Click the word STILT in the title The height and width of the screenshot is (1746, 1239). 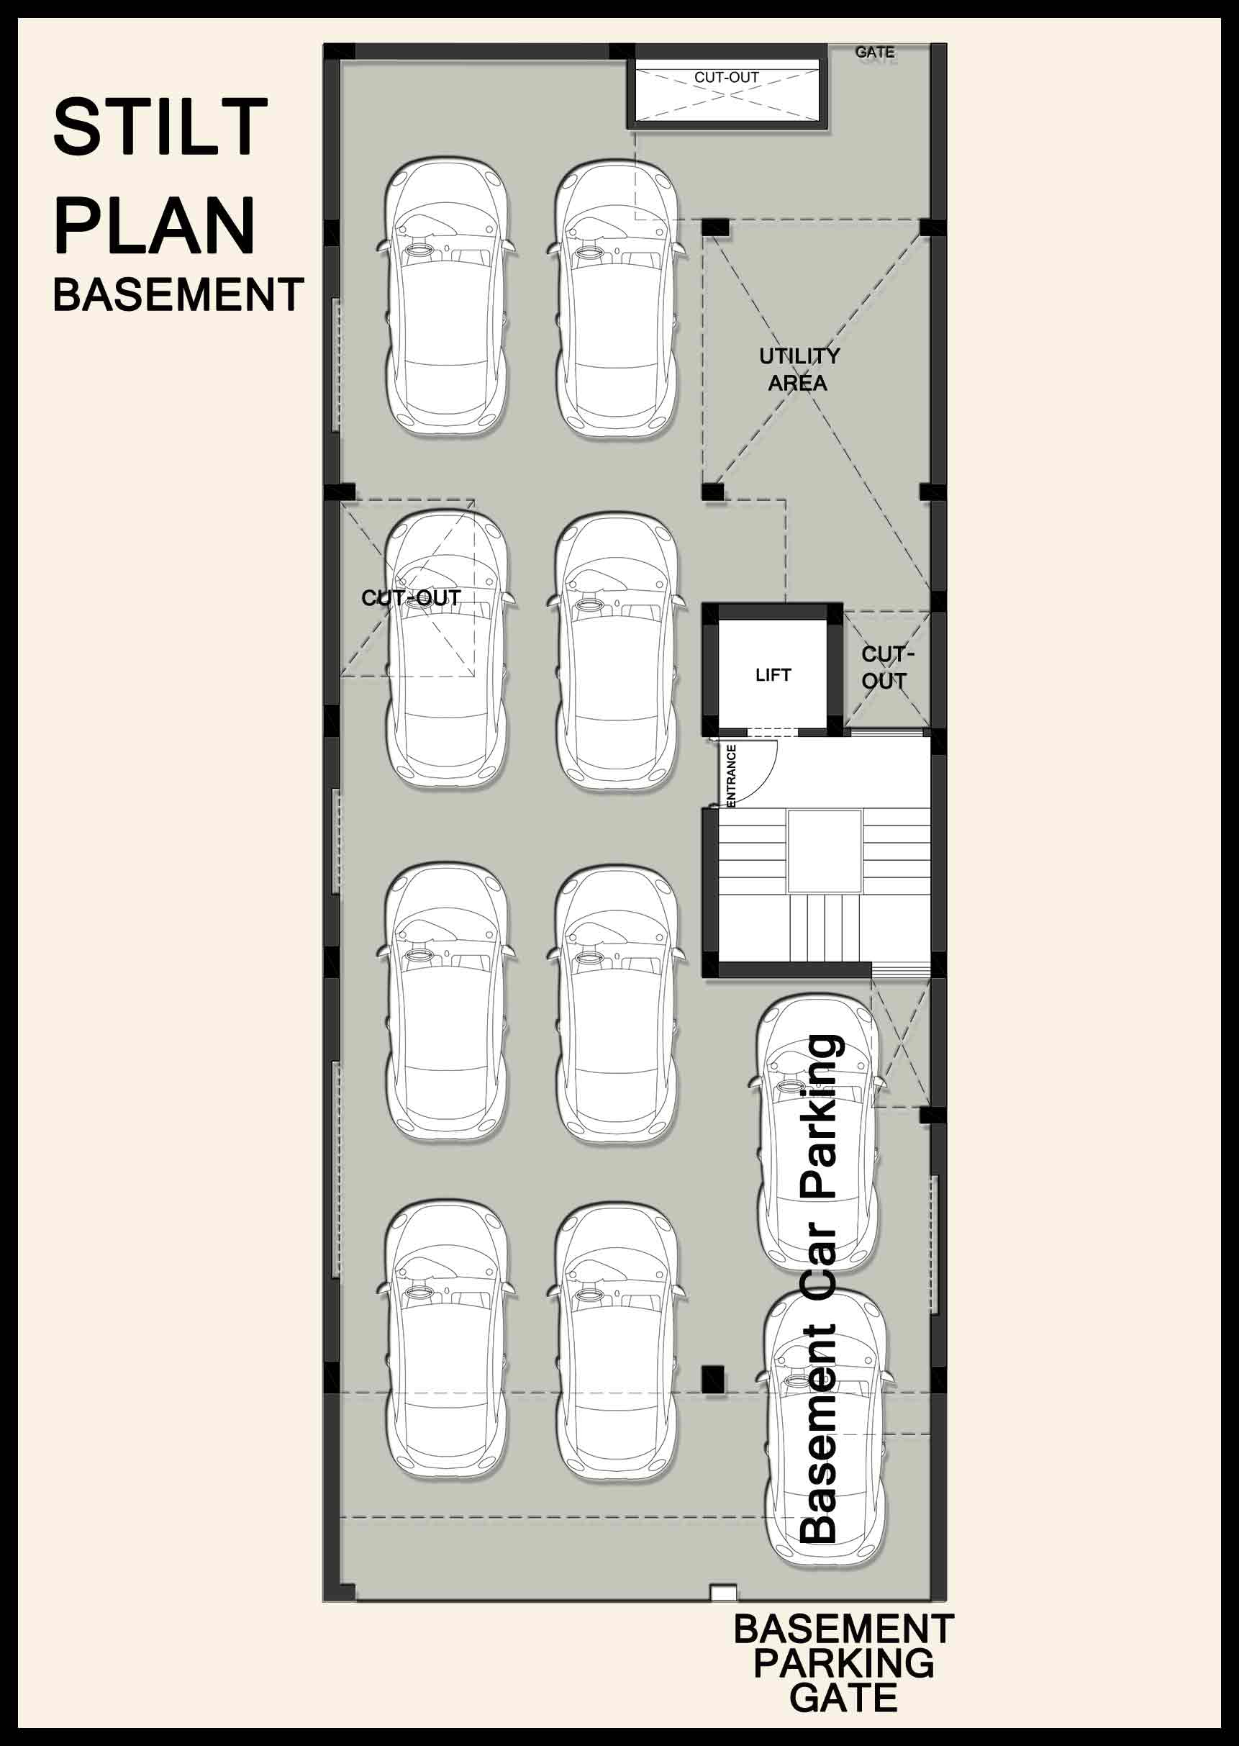(160, 127)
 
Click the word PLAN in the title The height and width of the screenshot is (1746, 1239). (154, 225)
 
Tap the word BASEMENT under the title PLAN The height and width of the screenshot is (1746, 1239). (178, 294)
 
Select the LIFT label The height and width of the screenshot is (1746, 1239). (773, 674)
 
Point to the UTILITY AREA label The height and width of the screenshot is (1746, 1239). (799, 369)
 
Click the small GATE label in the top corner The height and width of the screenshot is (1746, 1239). (874, 52)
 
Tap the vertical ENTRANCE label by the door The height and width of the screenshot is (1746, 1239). (732, 774)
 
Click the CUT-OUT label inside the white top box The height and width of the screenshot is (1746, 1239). (726, 77)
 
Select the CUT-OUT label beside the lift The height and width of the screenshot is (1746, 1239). (887, 668)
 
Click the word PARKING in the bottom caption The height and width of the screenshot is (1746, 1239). (843, 1663)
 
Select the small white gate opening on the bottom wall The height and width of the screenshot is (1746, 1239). (722, 1593)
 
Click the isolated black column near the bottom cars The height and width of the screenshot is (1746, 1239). (712, 1379)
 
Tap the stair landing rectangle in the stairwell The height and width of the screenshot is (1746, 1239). (824, 851)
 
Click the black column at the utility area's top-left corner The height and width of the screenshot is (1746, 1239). (715, 227)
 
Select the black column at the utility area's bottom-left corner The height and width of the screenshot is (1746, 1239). (712, 492)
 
